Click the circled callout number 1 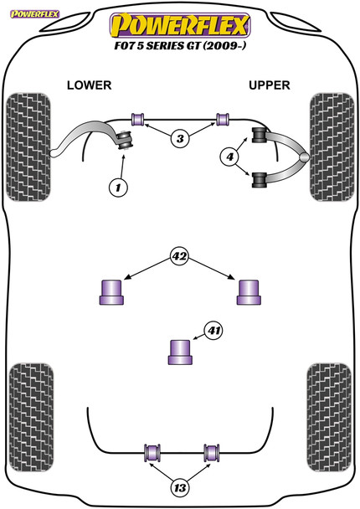coord(118,188)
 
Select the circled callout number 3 coord(180,139)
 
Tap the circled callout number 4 coord(230,157)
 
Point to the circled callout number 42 coord(179,256)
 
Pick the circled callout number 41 coord(213,331)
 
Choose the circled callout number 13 coord(180,487)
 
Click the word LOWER coord(90,85)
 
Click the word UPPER coord(269,85)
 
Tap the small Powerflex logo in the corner coord(34,14)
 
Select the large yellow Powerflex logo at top coord(180,25)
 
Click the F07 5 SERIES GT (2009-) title coord(180,45)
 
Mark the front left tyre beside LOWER coord(28,147)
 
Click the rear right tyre coord(329,417)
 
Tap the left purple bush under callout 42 coord(111,292)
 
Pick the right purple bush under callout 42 coord(249,292)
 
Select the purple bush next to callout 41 coord(180,352)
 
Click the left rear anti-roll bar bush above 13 coord(152,452)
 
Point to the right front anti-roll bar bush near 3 coord(223,119)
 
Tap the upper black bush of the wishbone coord(259,135)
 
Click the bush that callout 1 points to coord(125,141)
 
